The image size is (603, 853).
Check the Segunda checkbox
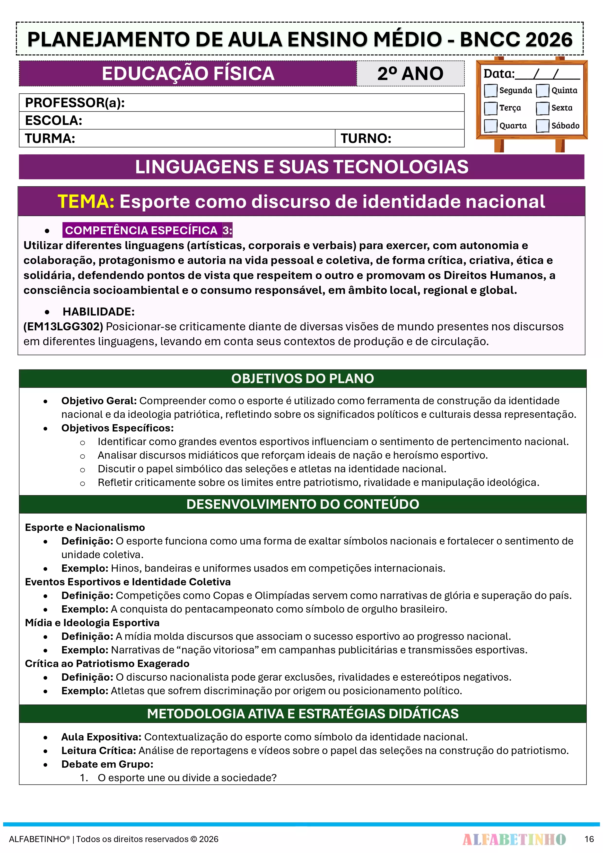[x=491, y=90]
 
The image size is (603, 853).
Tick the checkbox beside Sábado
[x=542, y=126]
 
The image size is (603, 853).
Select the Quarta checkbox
[x=491, y=126]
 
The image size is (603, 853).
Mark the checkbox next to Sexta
[x=542, y=108]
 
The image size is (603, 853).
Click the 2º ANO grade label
[x=410, y=74]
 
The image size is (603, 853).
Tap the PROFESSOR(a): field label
[x=75, y=103]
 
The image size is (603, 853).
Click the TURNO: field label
[x=366, y=139]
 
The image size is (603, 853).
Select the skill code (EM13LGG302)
[x=63, y=326]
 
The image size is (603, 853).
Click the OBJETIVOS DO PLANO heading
[x=302, y=378]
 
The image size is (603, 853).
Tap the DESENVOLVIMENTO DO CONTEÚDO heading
[x=302, y=504]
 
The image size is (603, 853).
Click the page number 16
[x=589, y=839]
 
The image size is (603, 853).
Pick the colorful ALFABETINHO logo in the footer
[x=514, y=839]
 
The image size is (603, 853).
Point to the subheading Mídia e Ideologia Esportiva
[x=92, y=623]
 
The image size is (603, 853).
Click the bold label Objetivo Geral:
[x=99, y=401]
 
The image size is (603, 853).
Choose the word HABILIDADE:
[x=98, y=312]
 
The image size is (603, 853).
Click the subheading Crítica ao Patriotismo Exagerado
[x=107, y=664]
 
